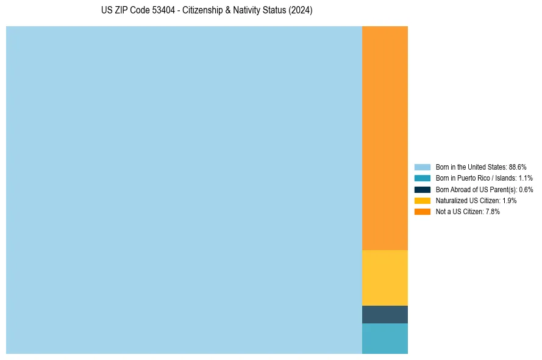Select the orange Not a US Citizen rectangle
(x=385, y=138)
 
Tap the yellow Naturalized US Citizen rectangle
(x=385, y=278)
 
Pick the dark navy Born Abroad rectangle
(x=385, y=314)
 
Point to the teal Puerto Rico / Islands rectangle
(x=385, y=338)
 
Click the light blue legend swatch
(x=422, y=167)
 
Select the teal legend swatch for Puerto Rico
(x=422, y=178)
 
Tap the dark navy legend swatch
(x=422, y=189)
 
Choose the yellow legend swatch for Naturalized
(x=422, y=200)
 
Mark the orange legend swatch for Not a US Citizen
(x=422, y=211)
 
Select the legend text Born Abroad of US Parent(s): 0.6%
(x=484, y=190)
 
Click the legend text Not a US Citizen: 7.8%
(x=468, y=212)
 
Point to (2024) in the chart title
(x=301, y=11)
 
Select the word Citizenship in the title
(x=204, y=11)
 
